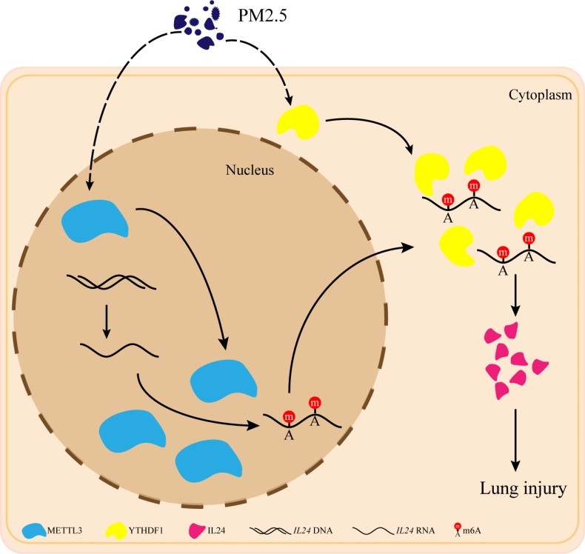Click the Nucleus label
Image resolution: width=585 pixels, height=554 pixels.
pyautogui.click(x=250, y=170)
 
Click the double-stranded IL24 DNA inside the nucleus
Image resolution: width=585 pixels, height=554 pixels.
pyautogui.click(x=111, y=281)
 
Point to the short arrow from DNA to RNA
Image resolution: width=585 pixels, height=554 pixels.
pyautogui.click(x=107, y=320)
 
